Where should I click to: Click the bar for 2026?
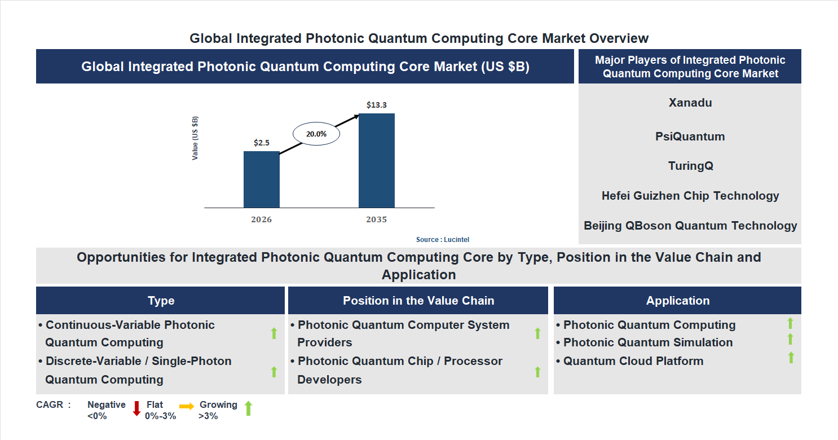coord(261,179)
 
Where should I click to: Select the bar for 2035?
coord(376,160)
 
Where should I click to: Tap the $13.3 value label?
coord(376,105)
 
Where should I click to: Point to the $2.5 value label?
coord(261,143)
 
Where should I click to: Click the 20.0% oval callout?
coord(316,134)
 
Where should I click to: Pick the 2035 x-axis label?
coord(376,219)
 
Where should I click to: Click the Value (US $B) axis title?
coord(195,138)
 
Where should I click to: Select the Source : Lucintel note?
coord(443,240)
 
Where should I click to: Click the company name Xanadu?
coord(690,103)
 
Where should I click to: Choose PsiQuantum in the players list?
coord(690,137)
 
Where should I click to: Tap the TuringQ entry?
coord(690,166)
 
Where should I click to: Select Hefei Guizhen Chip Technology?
coord(690,196)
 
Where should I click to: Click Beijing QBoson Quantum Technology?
coord(690,226)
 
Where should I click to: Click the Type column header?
coord(161,301)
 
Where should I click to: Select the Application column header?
coord(677,301)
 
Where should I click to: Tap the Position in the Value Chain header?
coord(418,301)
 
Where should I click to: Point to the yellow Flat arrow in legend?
coord(187,406)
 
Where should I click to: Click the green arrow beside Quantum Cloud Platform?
coord(791,357)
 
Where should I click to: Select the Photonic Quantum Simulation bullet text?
coord(647,342)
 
